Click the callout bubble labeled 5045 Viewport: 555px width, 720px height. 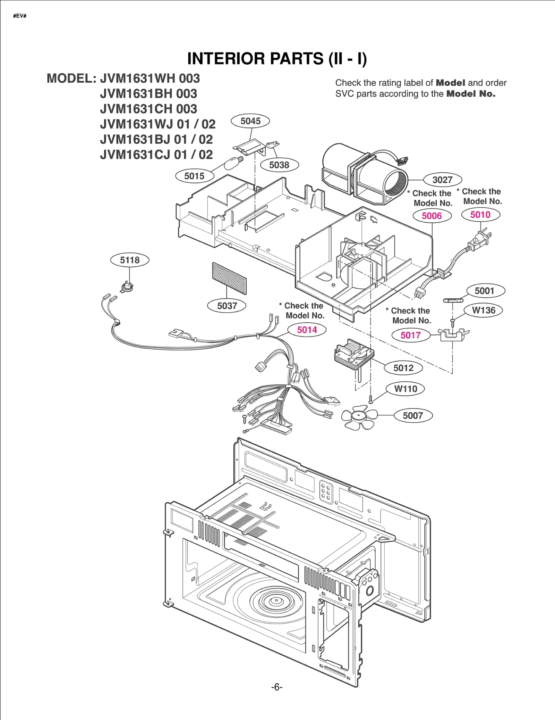(250, 121)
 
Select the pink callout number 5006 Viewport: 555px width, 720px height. (432, 216)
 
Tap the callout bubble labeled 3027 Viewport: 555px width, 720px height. (442, 180)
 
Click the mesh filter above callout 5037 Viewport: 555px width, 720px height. (229, 278)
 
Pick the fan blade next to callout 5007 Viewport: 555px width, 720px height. (359, 417)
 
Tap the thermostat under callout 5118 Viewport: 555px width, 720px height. (127, 287)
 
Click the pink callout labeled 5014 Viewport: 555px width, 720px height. (307, 330)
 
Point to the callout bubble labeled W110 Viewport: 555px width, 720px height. (405, 389)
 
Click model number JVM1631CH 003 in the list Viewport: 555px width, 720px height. (148, 109)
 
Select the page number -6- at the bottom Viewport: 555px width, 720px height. (277, 687)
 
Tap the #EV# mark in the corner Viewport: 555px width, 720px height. (20, 16)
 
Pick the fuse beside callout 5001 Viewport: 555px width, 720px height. (453, 300)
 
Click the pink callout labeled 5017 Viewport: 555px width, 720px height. (411, 335)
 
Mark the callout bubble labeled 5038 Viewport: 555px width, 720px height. (279, 165)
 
